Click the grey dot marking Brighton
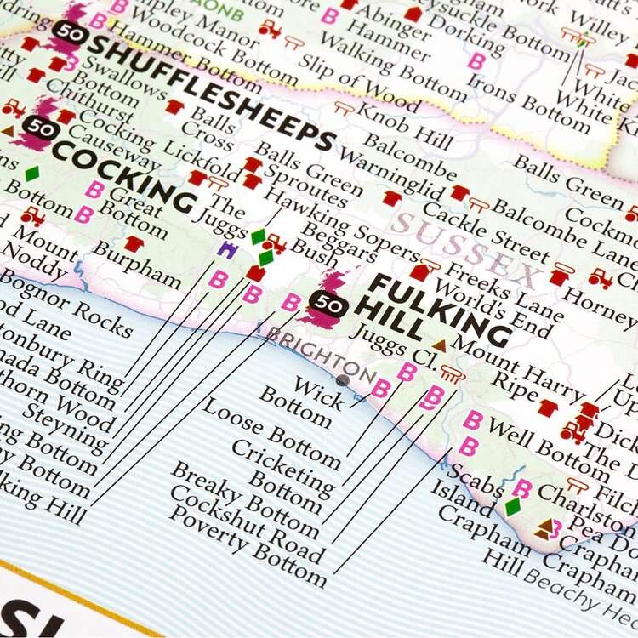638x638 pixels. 342,380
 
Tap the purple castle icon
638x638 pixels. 227,249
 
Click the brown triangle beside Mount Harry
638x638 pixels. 440,345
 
